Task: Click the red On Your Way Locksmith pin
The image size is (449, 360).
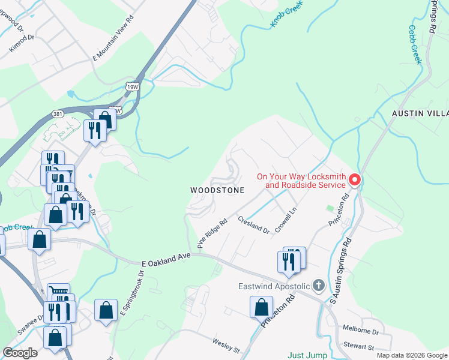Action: click(x=354, y=179)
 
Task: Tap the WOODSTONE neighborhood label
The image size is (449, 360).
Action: click(x=217, y=190)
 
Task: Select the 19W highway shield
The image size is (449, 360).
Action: click(x=131, y=87)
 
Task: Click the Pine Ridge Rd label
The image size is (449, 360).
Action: click(x=212, y=233)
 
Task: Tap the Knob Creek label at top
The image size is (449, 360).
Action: click(x=284, y=14)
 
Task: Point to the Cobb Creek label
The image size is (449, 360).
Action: click(x=415, y=44)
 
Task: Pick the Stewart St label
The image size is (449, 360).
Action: click(x=359, y=347)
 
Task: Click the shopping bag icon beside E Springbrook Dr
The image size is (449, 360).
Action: click(x=106, y=310)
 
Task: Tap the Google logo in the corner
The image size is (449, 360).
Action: click(x=20, y=353)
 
